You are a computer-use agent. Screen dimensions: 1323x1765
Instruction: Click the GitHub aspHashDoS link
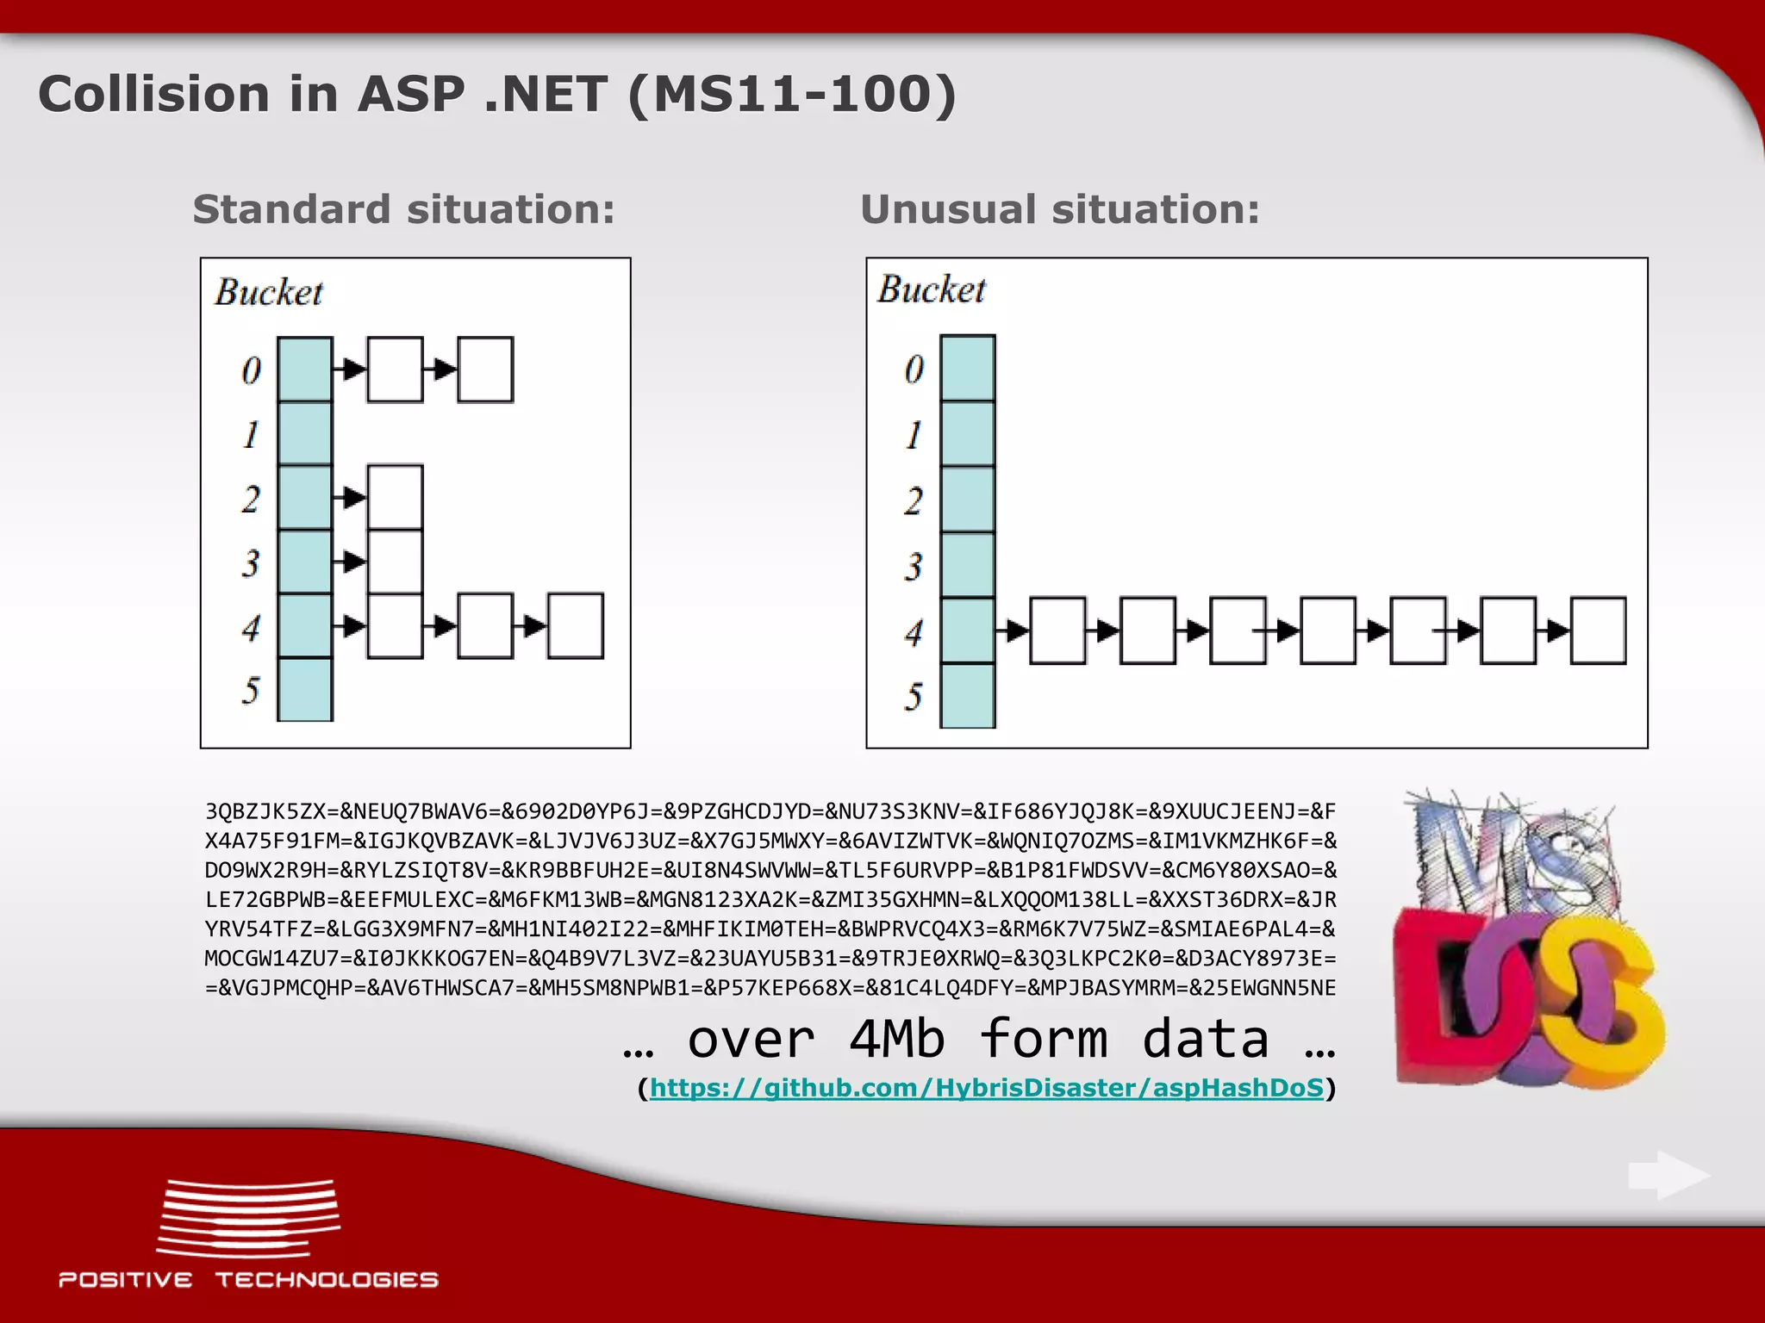[986, 1088]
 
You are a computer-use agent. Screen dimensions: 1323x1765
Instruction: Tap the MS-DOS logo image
[1527, 939]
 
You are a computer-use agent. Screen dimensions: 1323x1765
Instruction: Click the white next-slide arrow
[1668, 1175]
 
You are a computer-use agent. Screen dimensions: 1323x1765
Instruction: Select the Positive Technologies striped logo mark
[248, 1218]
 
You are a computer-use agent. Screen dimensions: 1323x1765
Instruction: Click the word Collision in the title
[153, 94]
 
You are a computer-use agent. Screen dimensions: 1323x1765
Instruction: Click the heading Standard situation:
[403, 209]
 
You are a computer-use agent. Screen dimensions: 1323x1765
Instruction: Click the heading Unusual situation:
[1059, 209]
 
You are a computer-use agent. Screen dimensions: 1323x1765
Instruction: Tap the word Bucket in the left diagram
[269, 292]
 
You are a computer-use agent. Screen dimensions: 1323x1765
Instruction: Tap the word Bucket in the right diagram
[932, 289]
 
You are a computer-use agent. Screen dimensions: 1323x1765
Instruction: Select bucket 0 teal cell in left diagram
[305, 370]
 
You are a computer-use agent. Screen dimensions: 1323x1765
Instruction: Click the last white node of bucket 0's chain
[485, 370]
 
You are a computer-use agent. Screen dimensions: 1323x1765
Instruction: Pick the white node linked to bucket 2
[395, 497]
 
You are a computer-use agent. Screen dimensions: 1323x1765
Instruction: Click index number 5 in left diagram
[251, 690]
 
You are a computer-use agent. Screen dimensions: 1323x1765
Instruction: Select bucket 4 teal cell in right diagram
[968, 630]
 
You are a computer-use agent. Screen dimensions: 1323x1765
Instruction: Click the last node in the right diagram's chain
[1598, 630]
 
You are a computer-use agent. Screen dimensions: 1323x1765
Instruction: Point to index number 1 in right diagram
[914, 434]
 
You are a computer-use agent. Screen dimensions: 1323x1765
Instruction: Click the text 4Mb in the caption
[896, 1038]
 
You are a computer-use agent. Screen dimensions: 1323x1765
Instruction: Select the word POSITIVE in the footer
[126, 1280]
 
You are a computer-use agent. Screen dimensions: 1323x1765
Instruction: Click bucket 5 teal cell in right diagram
[968, 695]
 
